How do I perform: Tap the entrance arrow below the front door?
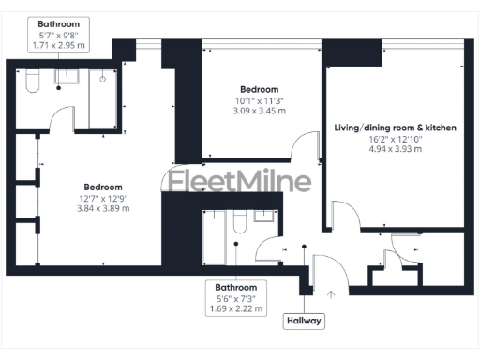pos(330,294)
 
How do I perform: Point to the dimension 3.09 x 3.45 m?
pos(260,111)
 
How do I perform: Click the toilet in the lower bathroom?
pos(240,223)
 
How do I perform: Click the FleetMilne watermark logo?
pos(240,182)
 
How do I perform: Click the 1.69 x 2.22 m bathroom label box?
pos(236,296)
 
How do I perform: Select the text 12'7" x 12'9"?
pos(103,197)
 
